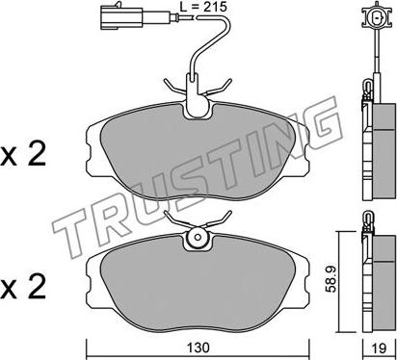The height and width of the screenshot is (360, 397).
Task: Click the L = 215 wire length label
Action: point(203,7)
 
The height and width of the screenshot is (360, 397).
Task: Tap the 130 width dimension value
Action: point(198,347)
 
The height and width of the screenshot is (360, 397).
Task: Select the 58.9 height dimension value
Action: point(331,278)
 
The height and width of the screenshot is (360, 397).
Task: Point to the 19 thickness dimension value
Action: point(380,347)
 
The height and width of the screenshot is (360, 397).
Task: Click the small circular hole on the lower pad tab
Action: point(198,238)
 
